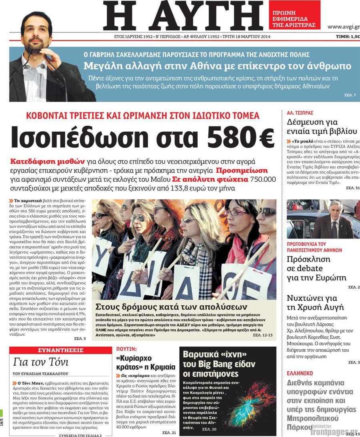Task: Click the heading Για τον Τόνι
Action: (x=41, y=362)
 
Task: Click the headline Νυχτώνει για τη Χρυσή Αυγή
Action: (x=312, y=303)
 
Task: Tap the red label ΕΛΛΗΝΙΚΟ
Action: (x=300, y=373)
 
